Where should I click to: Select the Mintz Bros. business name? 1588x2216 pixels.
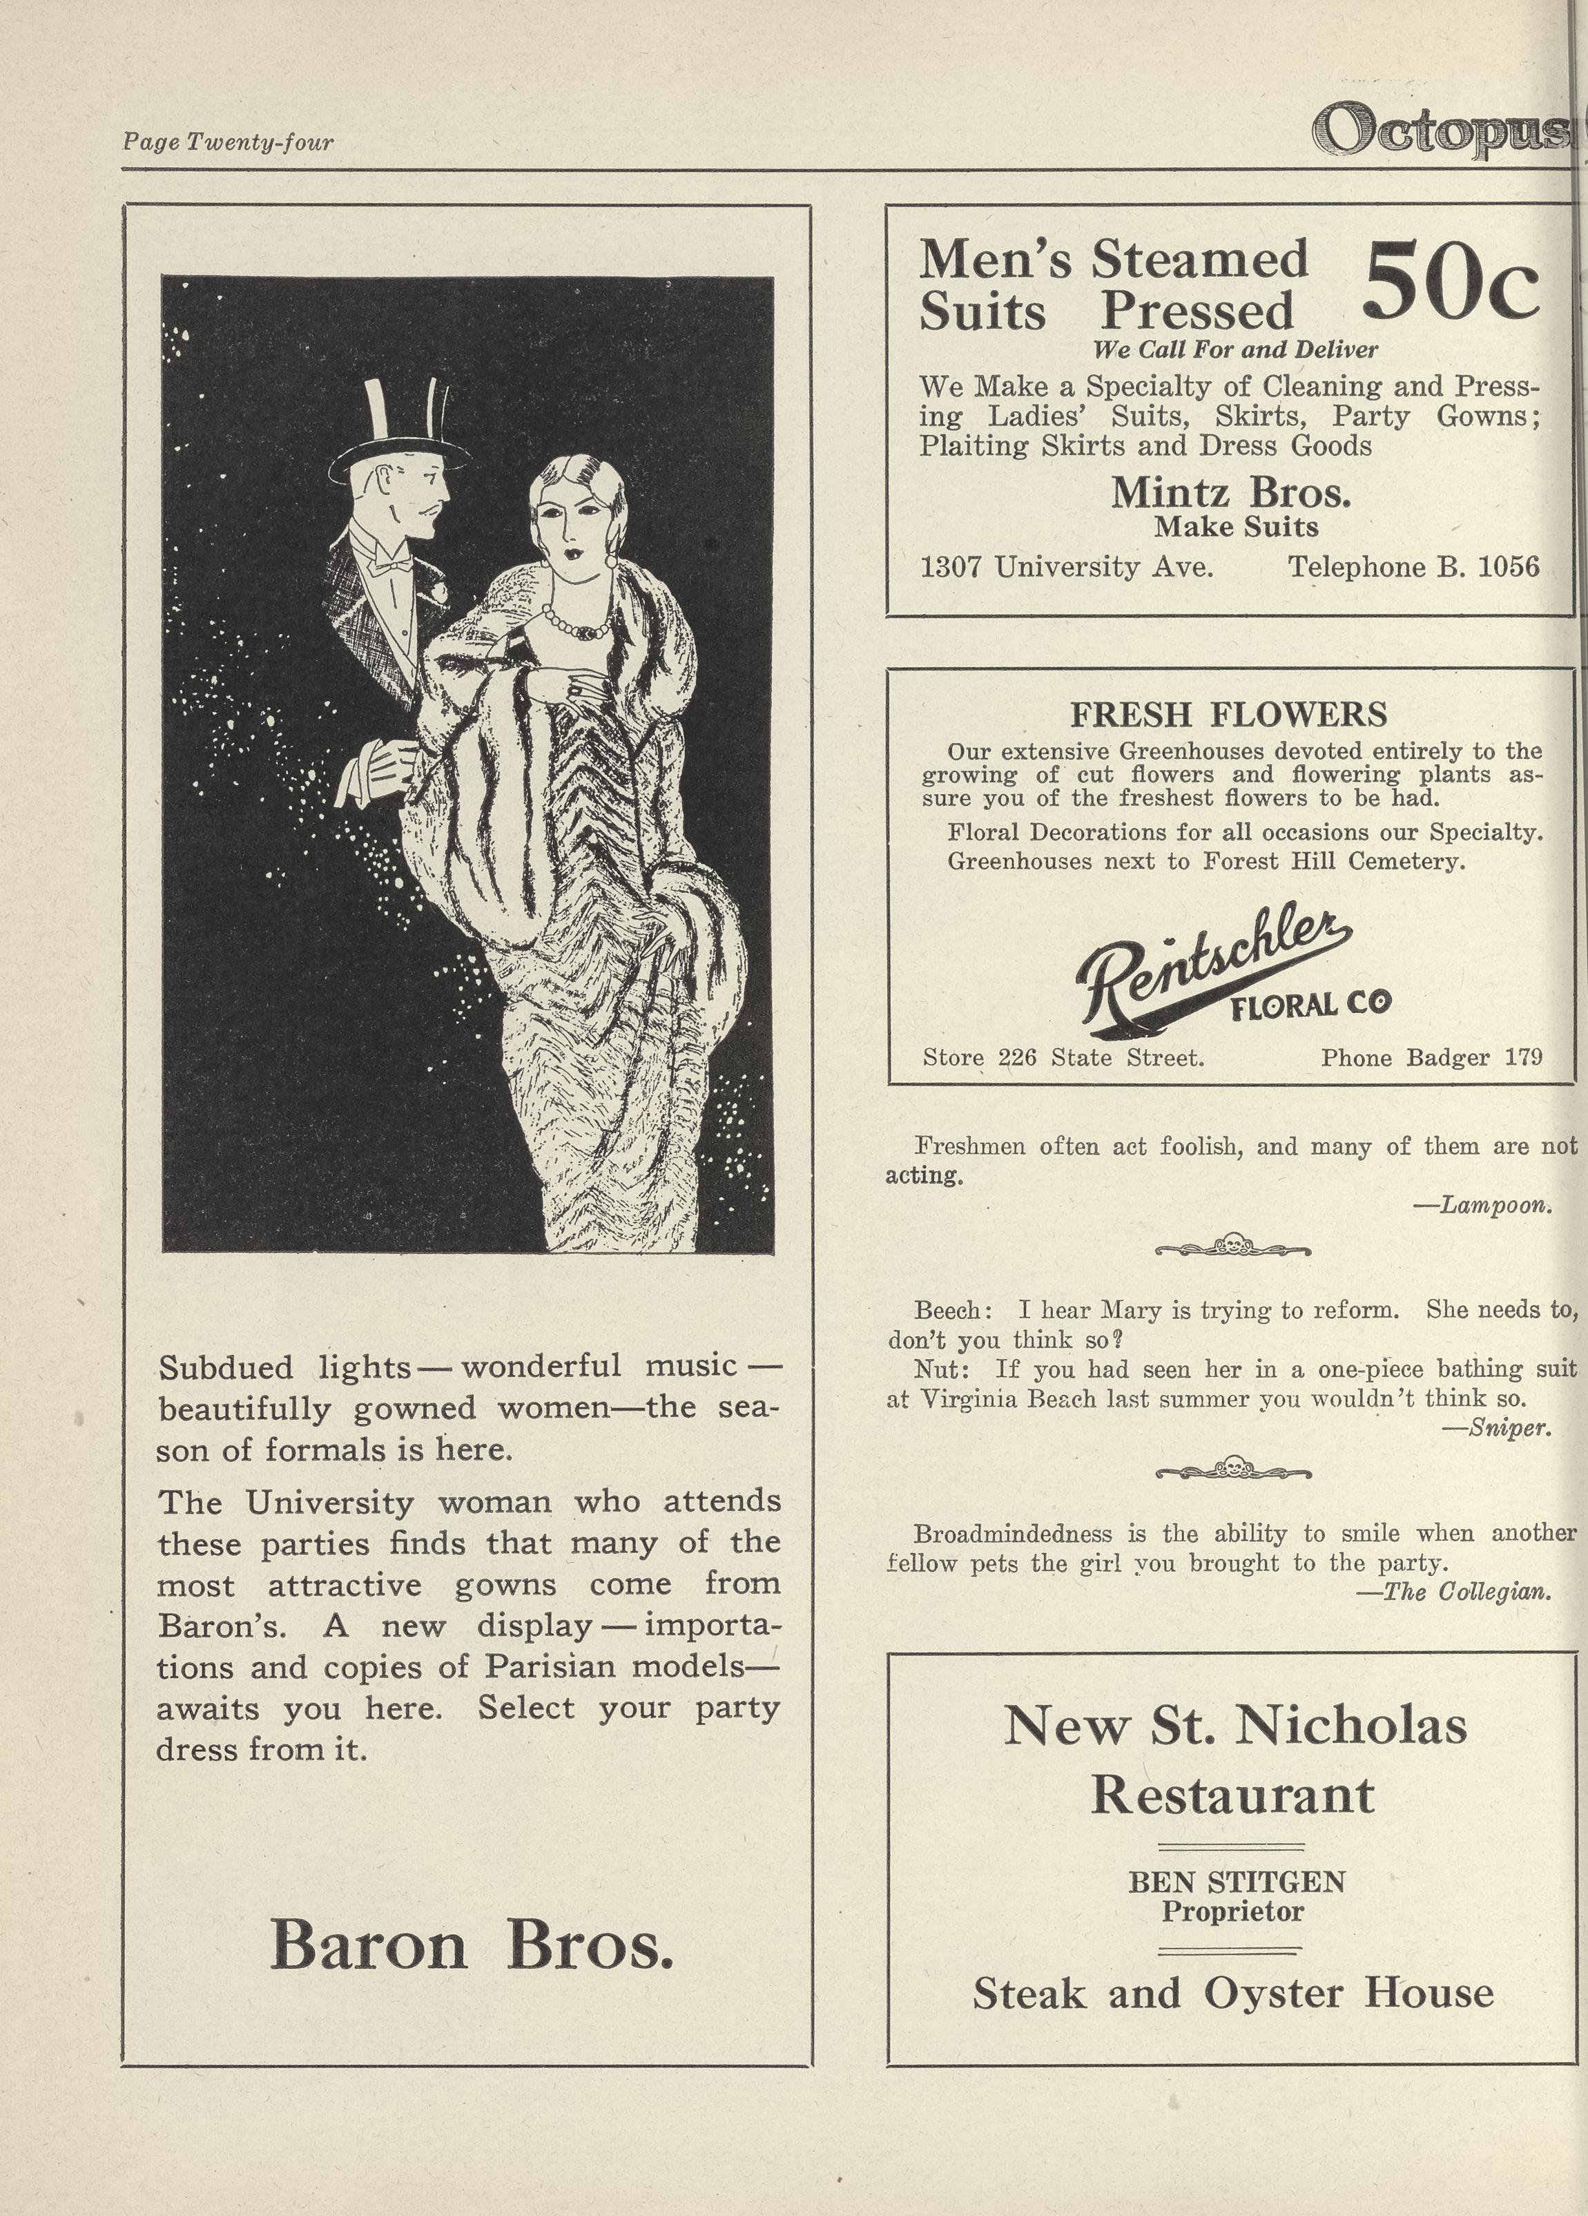(x=1230, y=492)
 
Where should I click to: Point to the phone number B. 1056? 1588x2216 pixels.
(x=1413, y=567)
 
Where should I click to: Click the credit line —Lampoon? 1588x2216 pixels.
(x=1482, y=1205)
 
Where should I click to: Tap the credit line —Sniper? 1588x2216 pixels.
(x=1496, y=1427)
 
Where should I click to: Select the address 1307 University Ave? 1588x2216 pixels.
(x=1067, y=567)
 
